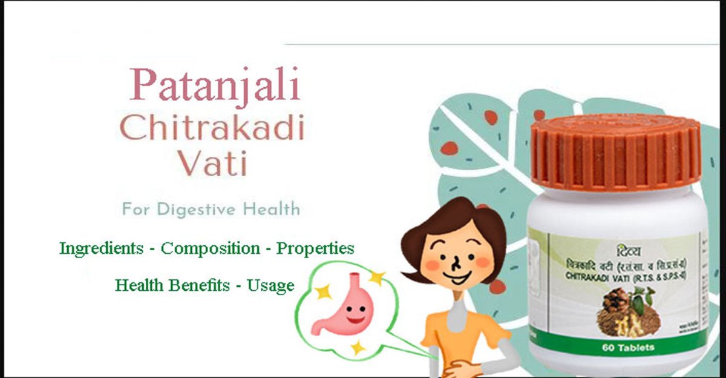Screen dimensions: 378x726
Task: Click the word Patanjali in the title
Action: tap(214, 85)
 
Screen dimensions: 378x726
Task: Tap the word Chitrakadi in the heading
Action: tap(212, 128)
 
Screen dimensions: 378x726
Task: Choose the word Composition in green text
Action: tap(211, 248)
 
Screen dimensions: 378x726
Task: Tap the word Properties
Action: tap(315, 248)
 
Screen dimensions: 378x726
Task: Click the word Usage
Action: tap(271, 285)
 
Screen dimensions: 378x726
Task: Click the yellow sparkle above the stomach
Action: tap(377, 278)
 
